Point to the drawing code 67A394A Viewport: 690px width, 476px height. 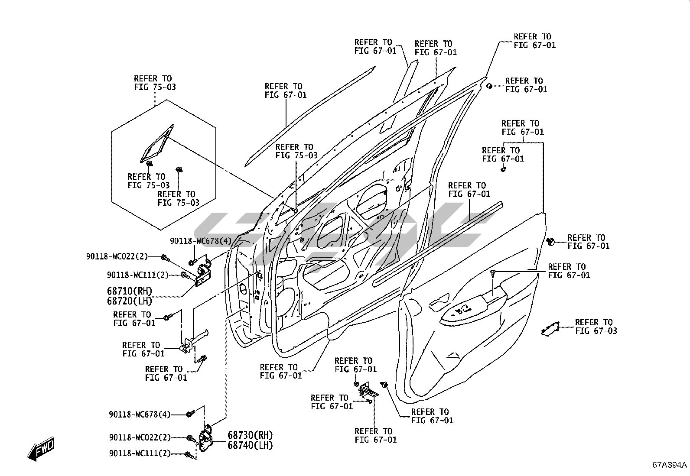click(670, 465)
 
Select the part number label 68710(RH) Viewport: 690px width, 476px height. click(130, 291)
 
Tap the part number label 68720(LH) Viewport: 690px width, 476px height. click(130, 300)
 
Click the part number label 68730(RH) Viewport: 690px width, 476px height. click(251, 435)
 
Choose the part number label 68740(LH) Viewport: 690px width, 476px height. click(251, 445)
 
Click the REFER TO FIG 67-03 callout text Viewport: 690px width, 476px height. click(596, 327)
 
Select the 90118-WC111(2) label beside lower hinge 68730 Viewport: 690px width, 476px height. click(140, 453)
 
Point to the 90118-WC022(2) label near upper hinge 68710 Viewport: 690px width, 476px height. click(117, 257)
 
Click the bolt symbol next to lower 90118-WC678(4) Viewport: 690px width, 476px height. click(189, 414)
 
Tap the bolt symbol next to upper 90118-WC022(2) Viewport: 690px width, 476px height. click(164, 258)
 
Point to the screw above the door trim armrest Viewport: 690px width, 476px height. click(493, 272)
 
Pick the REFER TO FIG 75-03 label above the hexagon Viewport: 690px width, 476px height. click(155, 83)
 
